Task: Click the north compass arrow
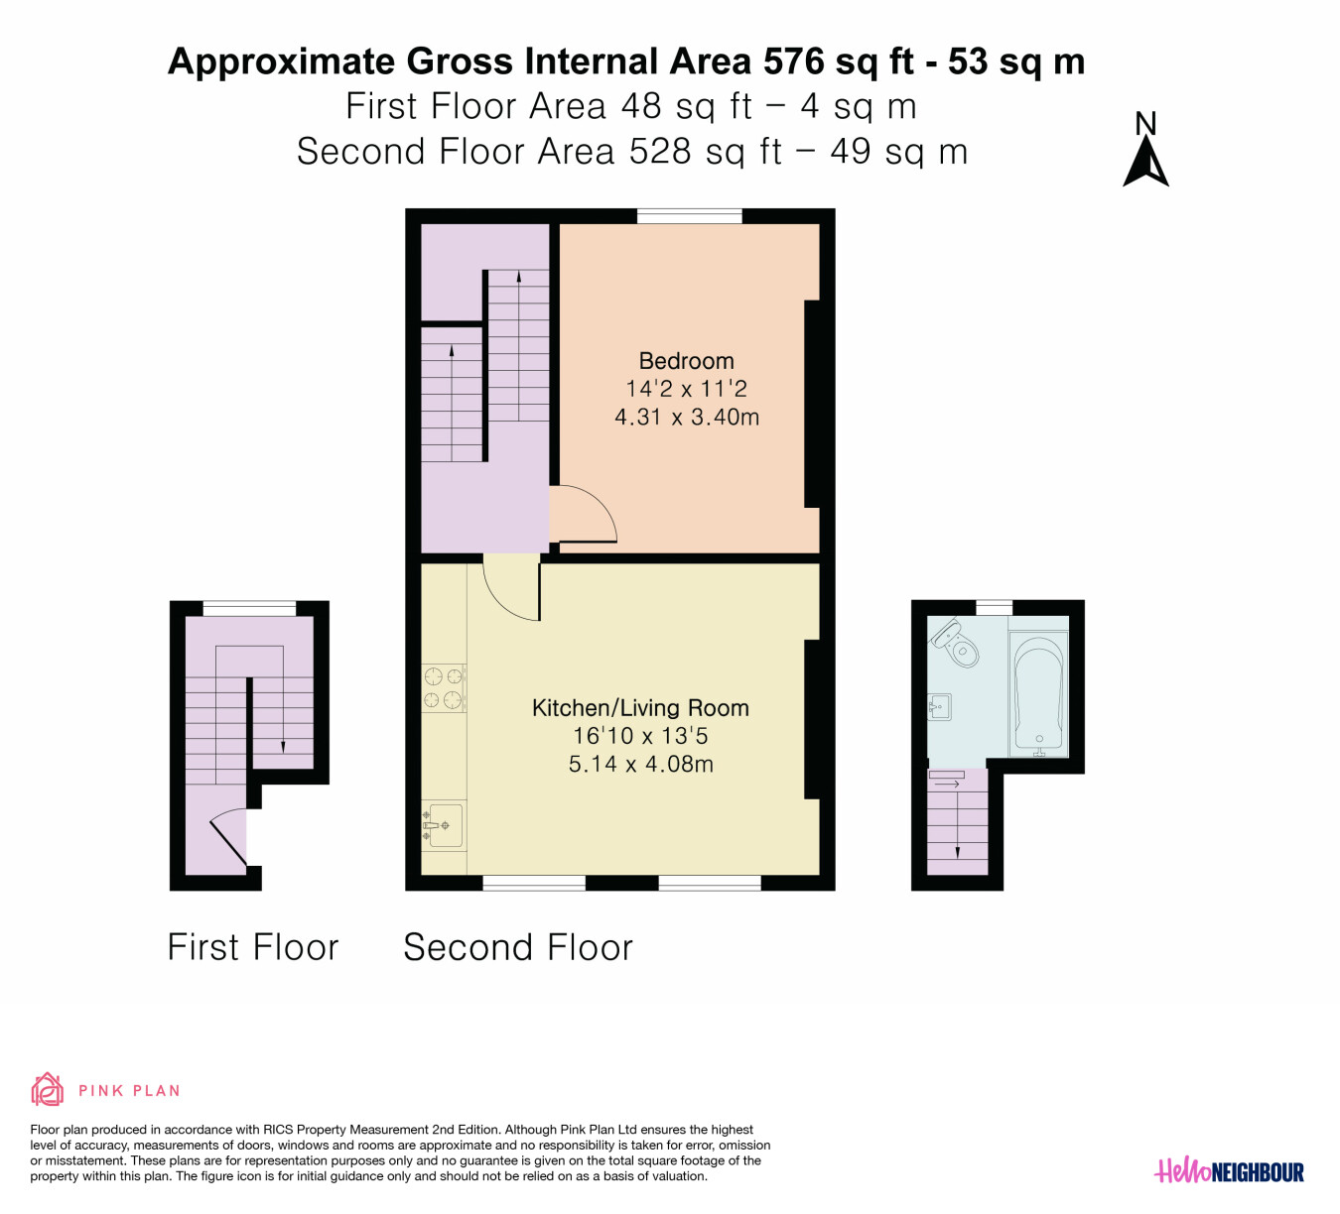click(x=1145, y=161)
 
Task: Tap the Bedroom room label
click(x=687, y=361)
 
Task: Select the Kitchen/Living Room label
click(x=640, y=708)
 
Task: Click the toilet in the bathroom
click(x=957, y=643)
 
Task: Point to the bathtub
click(x=1038, y=694)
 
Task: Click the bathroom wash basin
click(x=940, y=707)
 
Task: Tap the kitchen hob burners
click(x=444, y=687)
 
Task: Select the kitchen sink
click(x=443, y=826)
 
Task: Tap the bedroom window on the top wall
click(x=690, y=216)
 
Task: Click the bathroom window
click(x=994, y=608)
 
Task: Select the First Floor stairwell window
click(x=249, y=608)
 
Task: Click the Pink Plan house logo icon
click(x=48, y=1090)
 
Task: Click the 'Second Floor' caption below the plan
click(x=518, y=947)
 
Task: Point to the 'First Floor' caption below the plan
click(x=253, y=947)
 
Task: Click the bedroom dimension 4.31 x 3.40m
click(x=687, y=418)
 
